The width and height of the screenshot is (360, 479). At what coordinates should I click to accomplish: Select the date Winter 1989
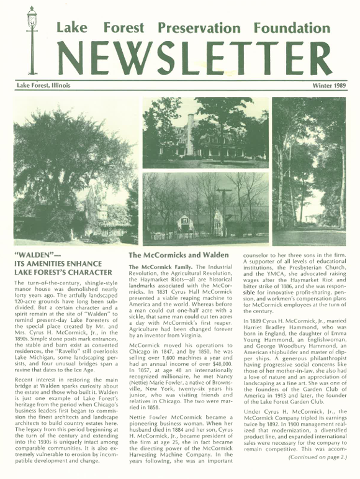coord(330,85)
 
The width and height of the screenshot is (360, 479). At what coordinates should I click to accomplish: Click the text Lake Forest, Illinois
coord(43,85)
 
